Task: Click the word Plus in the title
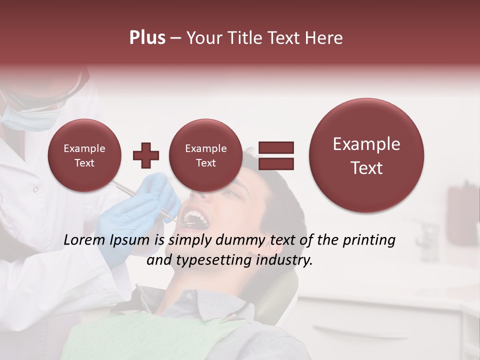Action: (147, 38)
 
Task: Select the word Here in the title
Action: (324, 38)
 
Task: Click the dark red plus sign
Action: (146, 155)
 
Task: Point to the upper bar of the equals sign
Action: (275, 147)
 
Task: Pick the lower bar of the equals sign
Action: (275, 163)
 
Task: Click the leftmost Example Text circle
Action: (84, 155)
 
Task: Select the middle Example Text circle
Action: (206, 155)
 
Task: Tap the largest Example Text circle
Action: (366, 155)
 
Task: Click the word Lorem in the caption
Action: (84, 240)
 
